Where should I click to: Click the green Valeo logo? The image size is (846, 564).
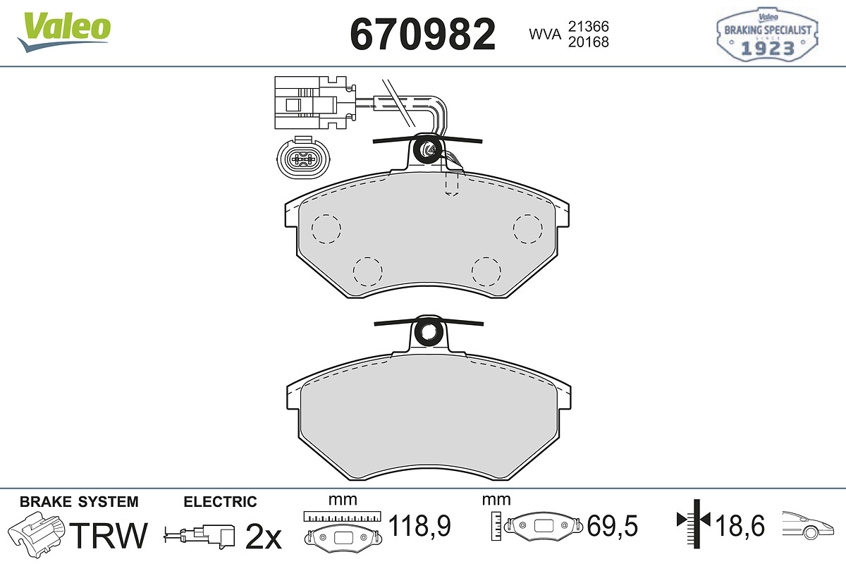64,32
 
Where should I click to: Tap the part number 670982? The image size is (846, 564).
422,34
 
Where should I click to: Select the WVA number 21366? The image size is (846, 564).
589,27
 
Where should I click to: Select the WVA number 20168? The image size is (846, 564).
589,42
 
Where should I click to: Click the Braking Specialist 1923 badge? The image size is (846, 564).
767,35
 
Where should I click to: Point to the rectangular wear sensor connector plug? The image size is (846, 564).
315,102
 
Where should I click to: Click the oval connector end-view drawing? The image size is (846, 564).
303,158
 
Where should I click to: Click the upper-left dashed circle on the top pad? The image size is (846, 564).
326,228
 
